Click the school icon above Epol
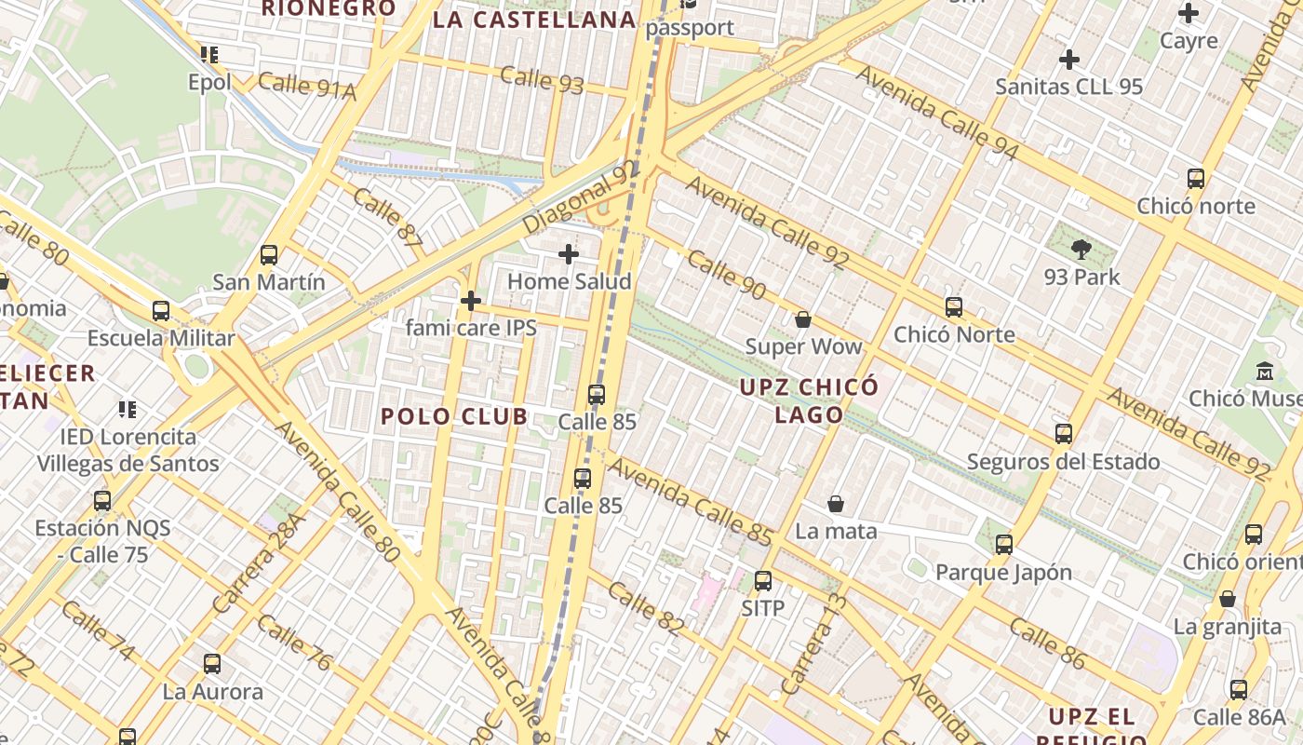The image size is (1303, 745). [x=209, y=55]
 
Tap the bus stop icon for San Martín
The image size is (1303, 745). [x=269, y=254]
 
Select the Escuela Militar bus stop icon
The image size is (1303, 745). [x=161, y=311]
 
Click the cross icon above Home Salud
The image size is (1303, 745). [x=568, y=253]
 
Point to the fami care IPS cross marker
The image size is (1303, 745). [x=471, y=301]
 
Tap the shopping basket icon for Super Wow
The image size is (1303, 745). [x=803, y=319]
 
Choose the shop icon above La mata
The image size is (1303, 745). [x=836, y=504]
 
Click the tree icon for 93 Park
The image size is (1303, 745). [x=1081, y=249]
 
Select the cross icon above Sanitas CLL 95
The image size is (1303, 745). [x=1069, y=60]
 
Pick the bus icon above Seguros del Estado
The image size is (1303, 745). [x=1064, y=434]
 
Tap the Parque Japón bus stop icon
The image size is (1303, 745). [x=1003, y=545]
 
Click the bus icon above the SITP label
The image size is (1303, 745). [x=763, y=581]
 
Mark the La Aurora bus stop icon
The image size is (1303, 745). [x=212, y=664]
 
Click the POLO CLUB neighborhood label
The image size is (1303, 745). [x=454, y=416]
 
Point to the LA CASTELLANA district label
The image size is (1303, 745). [x=534, y=20]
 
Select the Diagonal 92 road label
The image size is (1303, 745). [x=582, y=197]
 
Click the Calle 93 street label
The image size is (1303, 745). [x=542, y=80]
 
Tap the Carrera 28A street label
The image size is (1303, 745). [x=258, y=563]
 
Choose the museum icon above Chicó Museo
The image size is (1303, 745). [x=1265, y=371]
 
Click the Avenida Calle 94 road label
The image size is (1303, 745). [x=937, y=113]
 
